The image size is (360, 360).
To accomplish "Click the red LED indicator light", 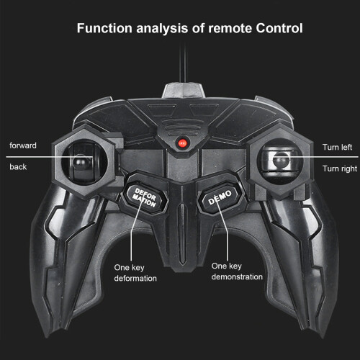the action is click(x=182, y=143).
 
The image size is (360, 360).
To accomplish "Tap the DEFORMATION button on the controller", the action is click(x=145, y=198).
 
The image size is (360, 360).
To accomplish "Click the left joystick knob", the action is click(x=81, y=161).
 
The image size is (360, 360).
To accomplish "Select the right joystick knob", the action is click(x=282, y=160).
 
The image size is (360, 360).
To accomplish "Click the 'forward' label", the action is click(x=23, y=145).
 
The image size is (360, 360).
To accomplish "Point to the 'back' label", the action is click(x=18, y=166).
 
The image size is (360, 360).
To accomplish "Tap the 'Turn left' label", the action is click(x=337, y=147).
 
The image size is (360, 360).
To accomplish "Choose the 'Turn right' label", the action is click(x=340, y=168).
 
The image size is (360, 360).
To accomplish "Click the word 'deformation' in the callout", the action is click(x=135, y=279).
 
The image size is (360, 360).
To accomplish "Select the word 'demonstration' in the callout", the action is click(x=237, y=276).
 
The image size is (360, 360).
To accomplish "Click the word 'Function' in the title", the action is click(x=104, y=28).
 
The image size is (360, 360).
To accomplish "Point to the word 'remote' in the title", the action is click(x=230, y=28).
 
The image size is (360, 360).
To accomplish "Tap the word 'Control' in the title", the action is click(x=279, y=28).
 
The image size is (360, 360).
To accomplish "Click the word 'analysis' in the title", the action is click(x=162, y=29).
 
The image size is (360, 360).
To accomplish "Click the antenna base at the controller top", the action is click(x=184, y=91).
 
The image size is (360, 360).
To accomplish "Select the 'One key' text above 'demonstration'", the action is click(x=227, y=266).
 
